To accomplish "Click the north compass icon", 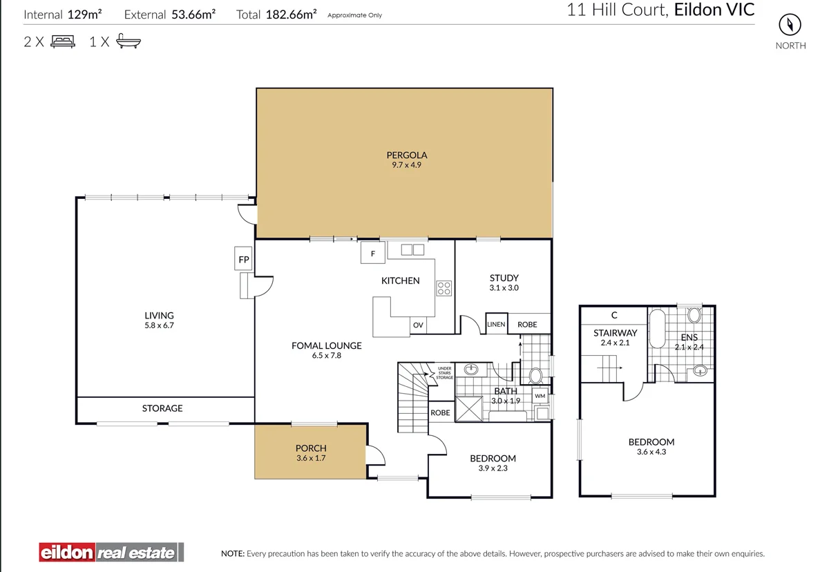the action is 790,25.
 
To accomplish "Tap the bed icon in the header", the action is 63,41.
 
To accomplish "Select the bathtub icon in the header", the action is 128,41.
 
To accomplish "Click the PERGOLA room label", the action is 407,155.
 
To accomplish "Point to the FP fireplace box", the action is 243,259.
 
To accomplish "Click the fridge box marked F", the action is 372,253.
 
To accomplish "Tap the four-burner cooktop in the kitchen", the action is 444,288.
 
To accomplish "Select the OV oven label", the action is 418,325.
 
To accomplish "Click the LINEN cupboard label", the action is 496,324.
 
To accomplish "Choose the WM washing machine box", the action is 540,396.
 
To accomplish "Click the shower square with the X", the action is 469,409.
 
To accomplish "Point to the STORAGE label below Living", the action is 162,408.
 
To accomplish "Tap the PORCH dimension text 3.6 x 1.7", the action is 311,458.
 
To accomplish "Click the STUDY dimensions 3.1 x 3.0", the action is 504,288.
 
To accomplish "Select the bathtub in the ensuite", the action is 657,329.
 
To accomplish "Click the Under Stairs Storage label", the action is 444,373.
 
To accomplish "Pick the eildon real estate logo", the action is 111,553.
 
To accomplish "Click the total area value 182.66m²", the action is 291,14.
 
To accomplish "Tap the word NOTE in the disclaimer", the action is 233,553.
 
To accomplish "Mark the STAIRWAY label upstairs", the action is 615,332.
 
